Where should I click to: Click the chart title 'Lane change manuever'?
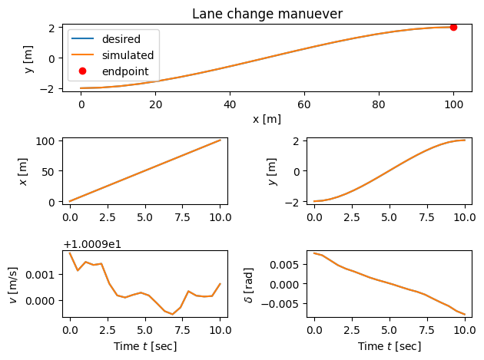click(x=268, y=13)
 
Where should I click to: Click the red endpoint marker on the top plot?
click(x=453, y=27)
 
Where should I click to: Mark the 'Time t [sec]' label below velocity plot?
click(x=144, y=346)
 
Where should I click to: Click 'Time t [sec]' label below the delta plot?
click(x=390, y=346)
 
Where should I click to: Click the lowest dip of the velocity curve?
click(x=173, y=314)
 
